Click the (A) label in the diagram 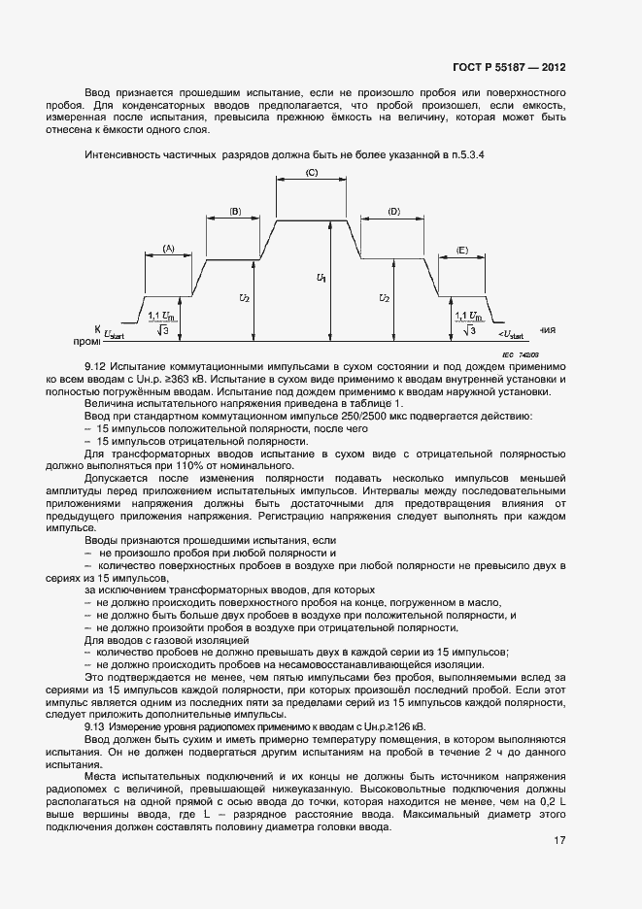[168, 249]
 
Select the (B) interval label [234, 211]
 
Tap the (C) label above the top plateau [312, 172]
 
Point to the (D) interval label [393, 211]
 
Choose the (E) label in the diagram [461, 250]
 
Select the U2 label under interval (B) [247, 298]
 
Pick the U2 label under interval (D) [385, 298]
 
